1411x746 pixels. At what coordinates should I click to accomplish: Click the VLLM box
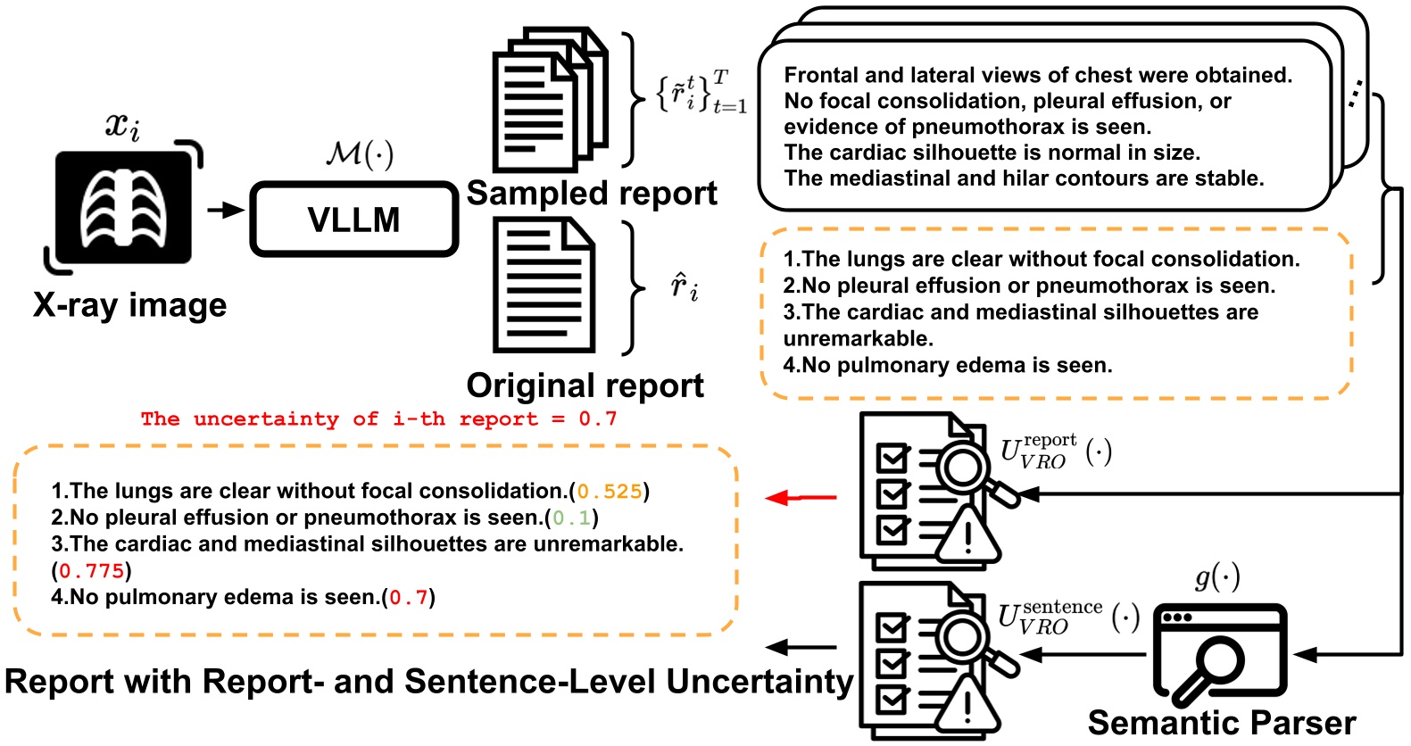[x=353, y=220]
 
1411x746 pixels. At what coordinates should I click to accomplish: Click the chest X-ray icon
[x=123, y=208]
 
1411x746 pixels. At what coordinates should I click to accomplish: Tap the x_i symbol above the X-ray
[x=122, y=125]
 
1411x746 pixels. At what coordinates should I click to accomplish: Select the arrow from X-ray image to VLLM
[x=225, y=210]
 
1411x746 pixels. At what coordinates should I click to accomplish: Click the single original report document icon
[x=544, y=286]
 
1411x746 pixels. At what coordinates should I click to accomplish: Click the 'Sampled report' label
[x=591, y=194]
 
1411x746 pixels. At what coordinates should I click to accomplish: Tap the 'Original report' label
[x=585, y=385]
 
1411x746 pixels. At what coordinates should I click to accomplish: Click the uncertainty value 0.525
[x=609, y=492]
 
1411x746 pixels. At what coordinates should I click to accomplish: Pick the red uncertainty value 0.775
[x=91, y=571]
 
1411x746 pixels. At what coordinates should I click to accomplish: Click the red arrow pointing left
[x=801, y=497]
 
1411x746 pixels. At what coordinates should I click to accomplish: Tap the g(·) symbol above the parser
[x=1217, y=577]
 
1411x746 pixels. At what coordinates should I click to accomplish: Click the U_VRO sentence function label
[x=1067, y=618]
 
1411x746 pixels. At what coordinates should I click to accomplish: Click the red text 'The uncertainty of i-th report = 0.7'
[x=378, y=419]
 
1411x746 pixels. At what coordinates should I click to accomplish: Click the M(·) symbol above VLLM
[x=360, y=153]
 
